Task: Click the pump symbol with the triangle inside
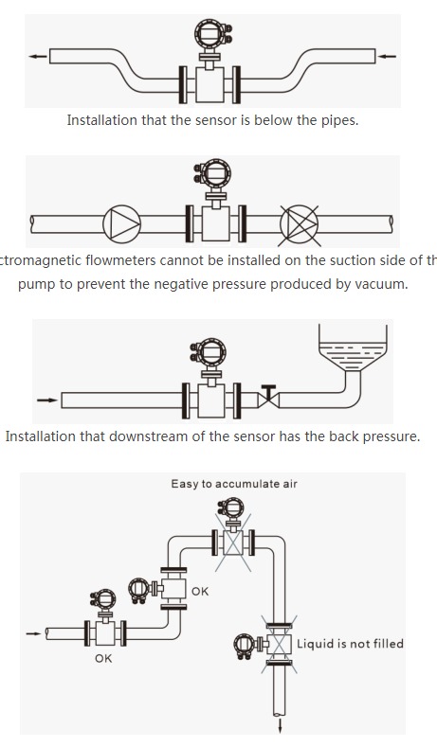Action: coord(122,223)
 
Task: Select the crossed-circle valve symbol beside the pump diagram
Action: coord(300,223)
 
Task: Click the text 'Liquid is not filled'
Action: coord(350,644)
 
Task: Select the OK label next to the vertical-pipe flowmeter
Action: coord(200,592)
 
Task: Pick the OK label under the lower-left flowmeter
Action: coord(103,658)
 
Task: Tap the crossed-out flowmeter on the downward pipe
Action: coord(279,644)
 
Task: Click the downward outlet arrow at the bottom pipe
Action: coord(281,727)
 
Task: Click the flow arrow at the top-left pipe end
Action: coord(37,57)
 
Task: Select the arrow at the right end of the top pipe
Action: coord(386,57)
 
